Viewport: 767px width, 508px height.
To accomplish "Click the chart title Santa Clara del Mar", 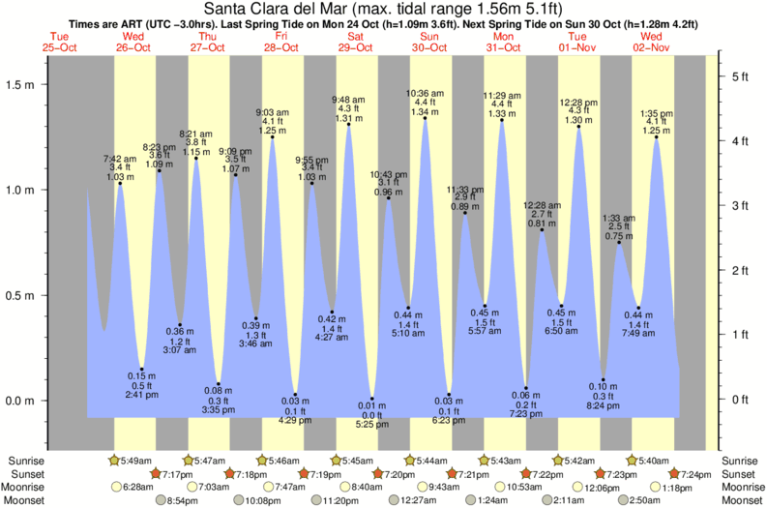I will (x=384, y=9).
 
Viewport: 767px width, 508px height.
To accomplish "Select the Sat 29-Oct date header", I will (x=354, y=42).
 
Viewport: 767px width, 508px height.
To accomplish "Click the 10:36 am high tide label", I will (x=419, y=92).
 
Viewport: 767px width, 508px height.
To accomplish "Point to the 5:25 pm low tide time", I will (x=372, y=425).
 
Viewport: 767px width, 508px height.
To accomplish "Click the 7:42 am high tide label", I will (x=120, y=157).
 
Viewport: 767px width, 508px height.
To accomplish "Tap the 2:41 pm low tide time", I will (x=142, y=395).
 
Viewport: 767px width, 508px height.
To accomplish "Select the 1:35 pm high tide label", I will (x=657, y=112).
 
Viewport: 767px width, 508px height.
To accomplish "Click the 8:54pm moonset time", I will (x=180, y=500).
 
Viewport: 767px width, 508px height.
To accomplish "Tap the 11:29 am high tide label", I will (x=501, y=94).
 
